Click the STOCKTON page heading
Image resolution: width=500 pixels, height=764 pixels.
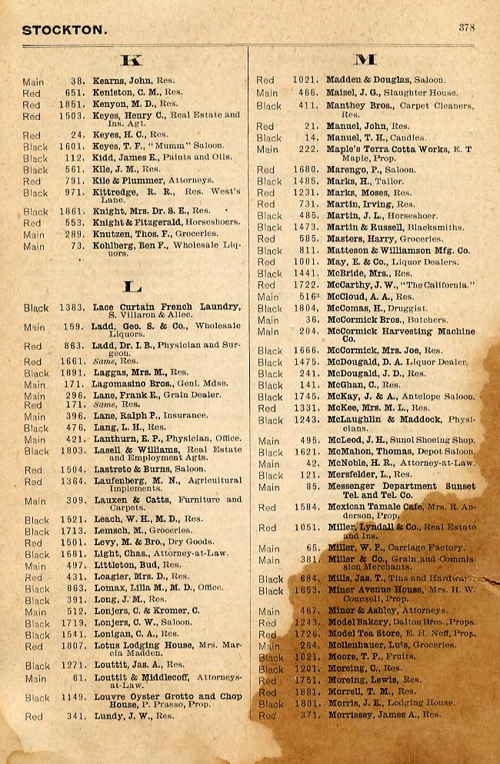[x=64, y=30]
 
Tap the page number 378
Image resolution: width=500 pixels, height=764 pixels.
[x=467, y=27]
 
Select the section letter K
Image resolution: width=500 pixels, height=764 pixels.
[x=132, y=59]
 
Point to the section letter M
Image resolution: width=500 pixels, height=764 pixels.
[x=365, y=59]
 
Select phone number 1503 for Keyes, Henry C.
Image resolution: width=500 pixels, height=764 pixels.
[x=72, y=116]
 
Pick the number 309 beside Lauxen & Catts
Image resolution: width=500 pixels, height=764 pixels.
[x=75, y=501]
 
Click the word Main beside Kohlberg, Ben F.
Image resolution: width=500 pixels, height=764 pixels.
[x=34, y=247]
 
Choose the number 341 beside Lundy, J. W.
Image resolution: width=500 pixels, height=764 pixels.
[x=75, y=716]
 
